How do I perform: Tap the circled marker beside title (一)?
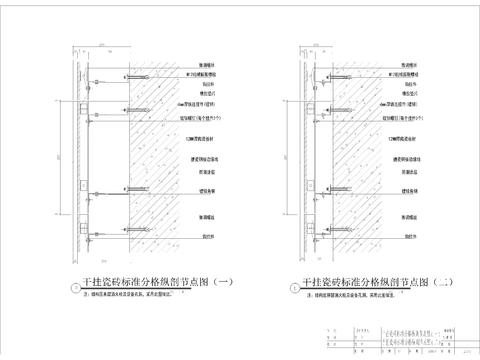coord(68,288)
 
